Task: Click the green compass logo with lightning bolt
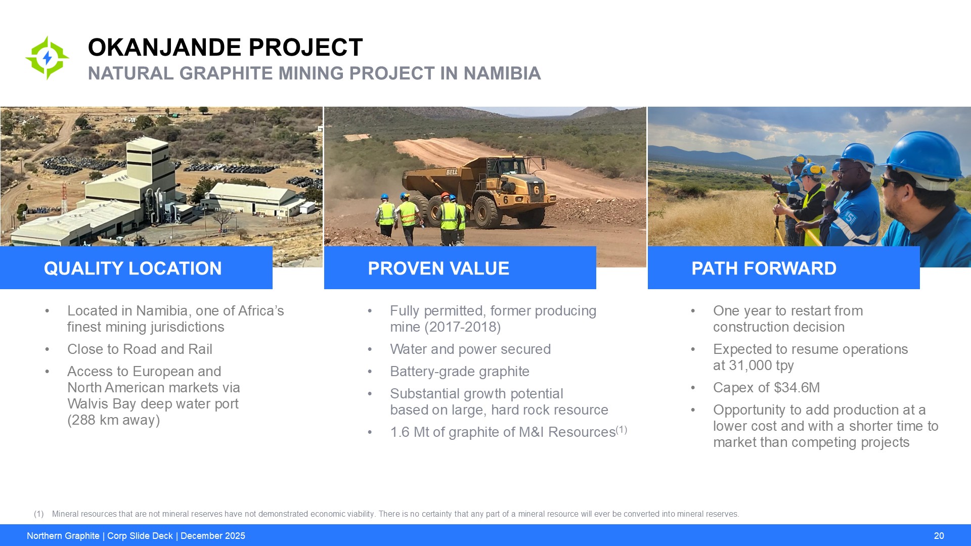[x=47, y=58]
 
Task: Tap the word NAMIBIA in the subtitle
[x=502, y=73]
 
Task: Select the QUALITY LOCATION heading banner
[x=136, y=267]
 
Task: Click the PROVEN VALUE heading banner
[x=460, y=267]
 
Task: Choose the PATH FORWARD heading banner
[x=783, y=267]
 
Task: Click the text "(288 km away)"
[x=114, y=420]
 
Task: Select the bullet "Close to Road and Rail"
[x=140, y=349]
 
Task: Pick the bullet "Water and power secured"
[x=470, y=349]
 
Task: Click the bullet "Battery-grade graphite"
[x=460, y=372]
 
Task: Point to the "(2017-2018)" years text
[x=463, y=327]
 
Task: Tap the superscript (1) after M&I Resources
[x=622, y=430]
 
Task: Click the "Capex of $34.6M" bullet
[x=767, y=388]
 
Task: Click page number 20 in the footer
[x=939, y=536]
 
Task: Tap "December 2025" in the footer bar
[x=213, y=536]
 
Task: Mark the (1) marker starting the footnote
[x=39, y=514]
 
